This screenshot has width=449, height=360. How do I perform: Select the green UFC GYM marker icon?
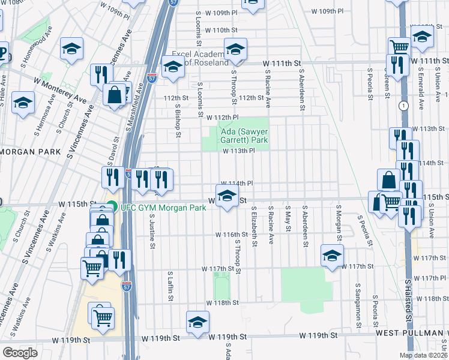coord(110,208)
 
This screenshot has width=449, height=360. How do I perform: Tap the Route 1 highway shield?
coord(403,106)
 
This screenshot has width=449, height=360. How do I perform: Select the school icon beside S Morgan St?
coord(332,255)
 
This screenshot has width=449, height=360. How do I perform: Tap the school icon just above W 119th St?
coord(197,322)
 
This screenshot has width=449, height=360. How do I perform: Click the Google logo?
coord(19,353)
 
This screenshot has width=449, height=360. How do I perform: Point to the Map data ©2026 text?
coord(423,355)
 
